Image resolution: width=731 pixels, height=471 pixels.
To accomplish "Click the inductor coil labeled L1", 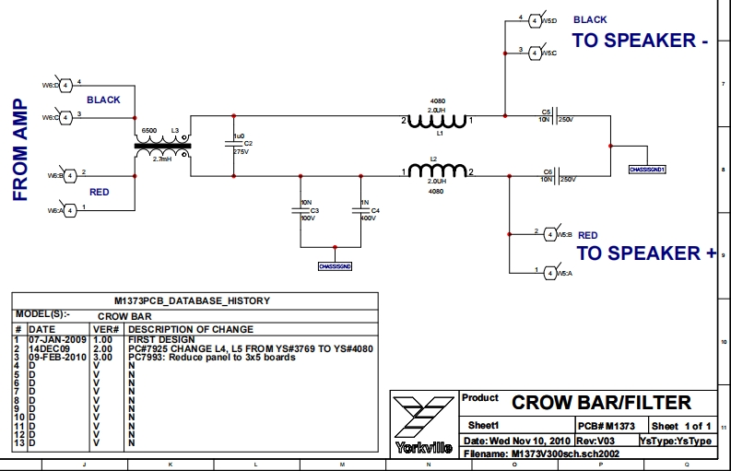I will click(x=439, y=120).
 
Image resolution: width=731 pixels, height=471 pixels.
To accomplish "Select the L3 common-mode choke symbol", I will click(x=162, y=145).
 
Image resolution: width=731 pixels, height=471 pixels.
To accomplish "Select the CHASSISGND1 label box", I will click(x=646, y=171).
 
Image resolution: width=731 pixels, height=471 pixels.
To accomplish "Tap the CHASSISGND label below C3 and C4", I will click(x=335, y=265).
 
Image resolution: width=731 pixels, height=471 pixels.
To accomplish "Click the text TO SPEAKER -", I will click(x=640, y=41).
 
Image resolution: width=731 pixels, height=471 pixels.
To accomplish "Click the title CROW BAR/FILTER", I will click(x=601, y=403).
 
